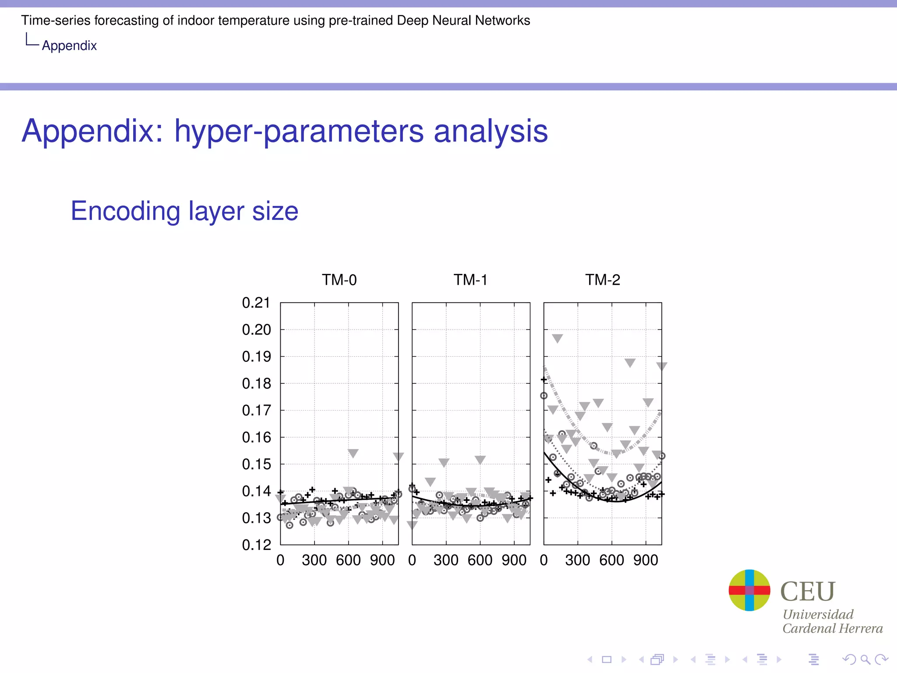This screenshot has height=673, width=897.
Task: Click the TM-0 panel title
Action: (339, 280)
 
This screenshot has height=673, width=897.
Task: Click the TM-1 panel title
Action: (470, 280)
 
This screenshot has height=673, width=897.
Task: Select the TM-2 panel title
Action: (603, 280)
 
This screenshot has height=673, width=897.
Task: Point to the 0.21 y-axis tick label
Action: (256, 302)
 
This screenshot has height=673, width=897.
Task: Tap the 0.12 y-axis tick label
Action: (256, 545)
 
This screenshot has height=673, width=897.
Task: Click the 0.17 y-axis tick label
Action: (256, 410)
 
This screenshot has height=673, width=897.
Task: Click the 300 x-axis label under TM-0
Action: (314, 560)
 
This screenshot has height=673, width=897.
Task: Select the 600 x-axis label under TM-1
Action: (480, 560)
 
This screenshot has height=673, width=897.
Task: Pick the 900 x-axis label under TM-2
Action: (646, 560)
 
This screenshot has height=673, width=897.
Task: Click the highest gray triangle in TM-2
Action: (557, 338)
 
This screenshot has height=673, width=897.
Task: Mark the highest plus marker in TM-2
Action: (544, 379)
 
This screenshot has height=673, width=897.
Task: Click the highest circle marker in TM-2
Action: (544, 396)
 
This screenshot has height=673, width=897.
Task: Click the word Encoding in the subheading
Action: (125, 211)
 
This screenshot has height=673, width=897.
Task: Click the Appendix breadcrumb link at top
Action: (69, 46)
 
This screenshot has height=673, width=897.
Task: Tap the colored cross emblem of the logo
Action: (749, 590)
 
